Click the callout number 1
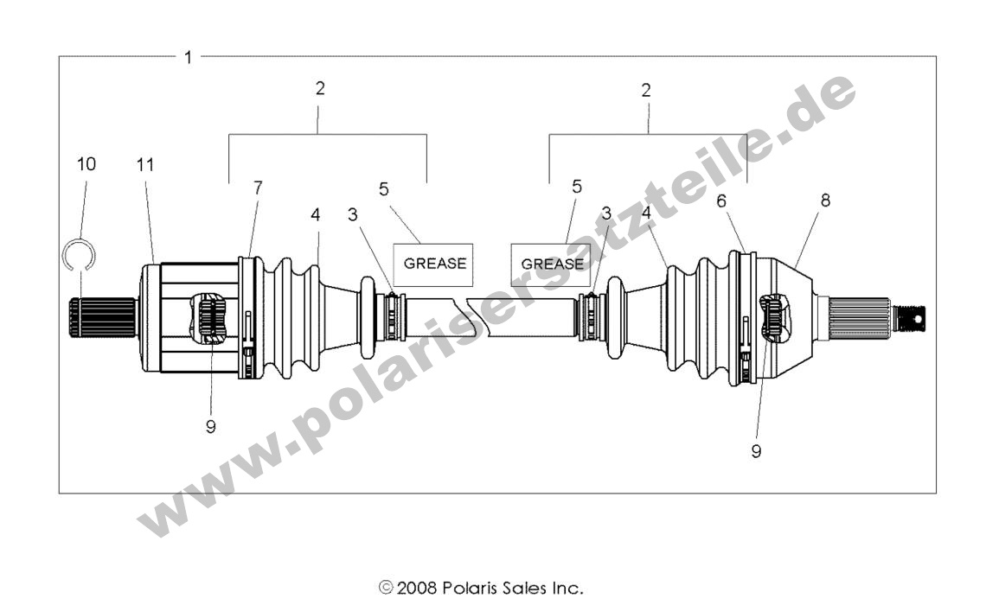click(x=188, y=57)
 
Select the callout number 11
click(x=145, y=164)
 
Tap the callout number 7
click(x=258, y=187)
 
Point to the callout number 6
click(x=722, y=199)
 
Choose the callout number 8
click(x=824, y=200)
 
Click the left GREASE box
click(x=434, y=263)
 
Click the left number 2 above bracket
click(x=320, y=88)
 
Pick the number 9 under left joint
click(x=211, y=426)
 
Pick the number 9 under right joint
click(x=756, y=451)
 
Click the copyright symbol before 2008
click(x=386, y=589)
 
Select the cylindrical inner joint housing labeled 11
click(x=195, y=317)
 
